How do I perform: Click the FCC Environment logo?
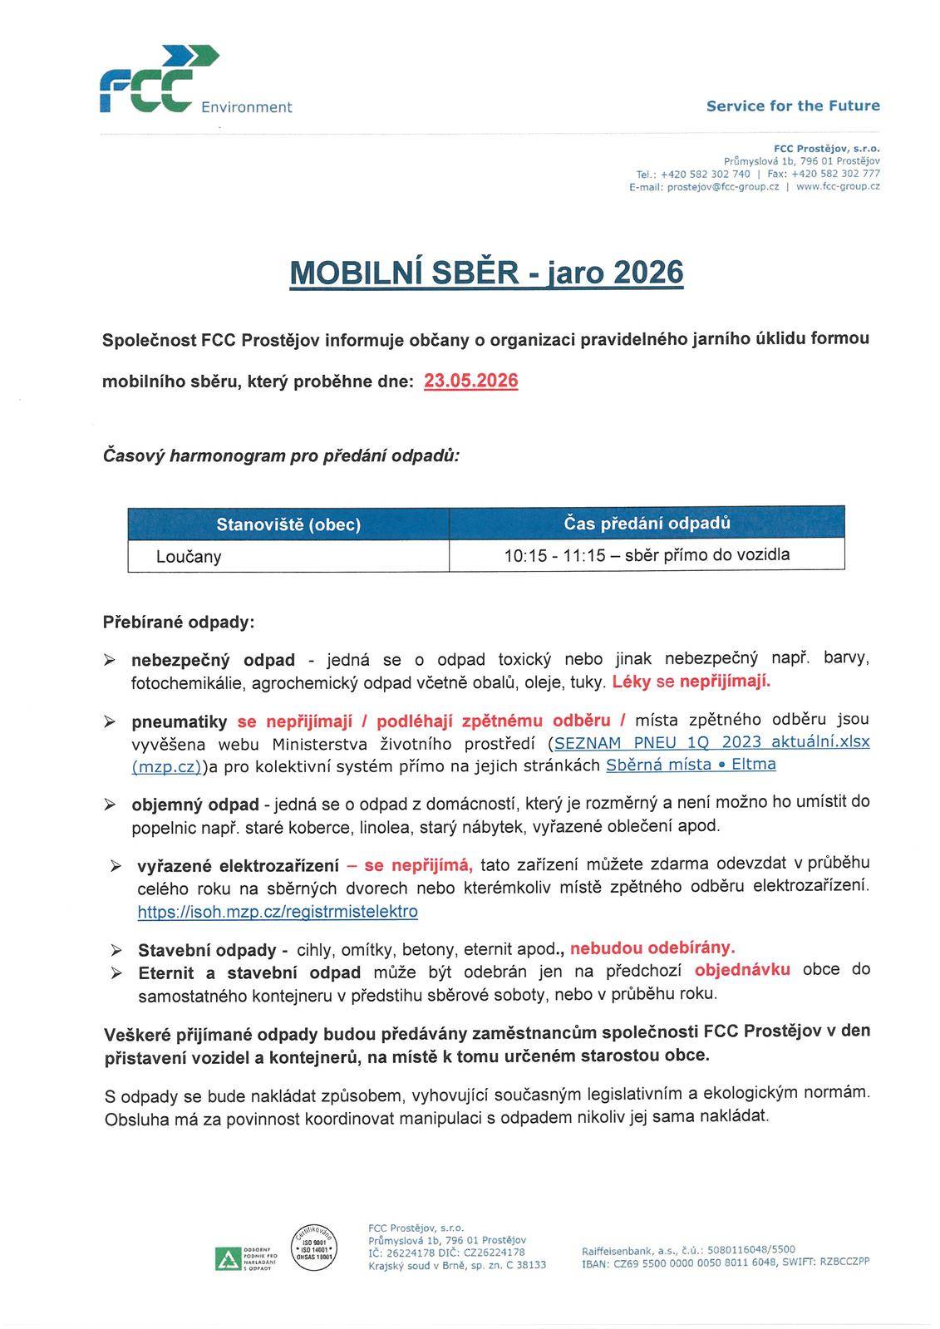point(158,83)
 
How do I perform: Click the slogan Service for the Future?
point(792,106)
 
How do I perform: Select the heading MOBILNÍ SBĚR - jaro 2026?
point(486,273)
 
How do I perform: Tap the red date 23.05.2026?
point(470,381)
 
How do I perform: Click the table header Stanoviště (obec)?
point(288,524)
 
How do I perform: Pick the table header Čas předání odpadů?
point(647,523)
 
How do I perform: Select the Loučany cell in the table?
point(189,556)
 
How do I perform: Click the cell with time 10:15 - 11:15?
point(647,554)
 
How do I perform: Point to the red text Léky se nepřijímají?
point(691,682)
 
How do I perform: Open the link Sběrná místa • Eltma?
point(691,764)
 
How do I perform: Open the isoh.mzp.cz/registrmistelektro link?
point(278,912)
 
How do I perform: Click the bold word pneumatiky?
point(179,722)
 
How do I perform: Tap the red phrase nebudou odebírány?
point(652,948)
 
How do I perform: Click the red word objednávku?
point(742,969)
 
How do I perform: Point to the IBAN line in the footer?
point(726,1262)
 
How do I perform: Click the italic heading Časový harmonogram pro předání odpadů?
point(281,455)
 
